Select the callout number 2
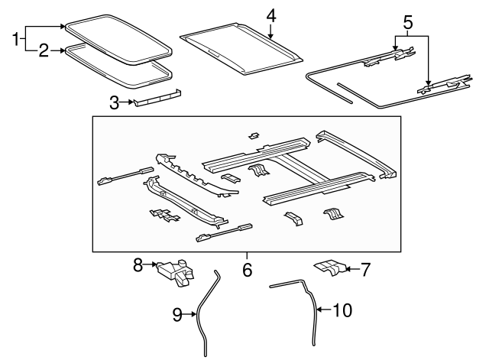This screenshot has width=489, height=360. click(x=44, y=52)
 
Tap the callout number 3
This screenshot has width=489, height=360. click(x=114, y=101)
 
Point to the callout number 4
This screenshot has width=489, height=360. click(x=270, y=15)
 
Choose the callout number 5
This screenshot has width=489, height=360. click(x=408, y=22)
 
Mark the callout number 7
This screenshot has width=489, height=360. click(x=365, y=268)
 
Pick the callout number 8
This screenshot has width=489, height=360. click(x=138, y=264)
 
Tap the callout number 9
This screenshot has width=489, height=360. click(x=176, y=313)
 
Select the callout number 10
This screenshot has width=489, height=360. click(x=344, y=310)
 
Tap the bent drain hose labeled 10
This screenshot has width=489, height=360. click(x=312, y=306)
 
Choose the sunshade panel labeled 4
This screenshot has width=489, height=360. click(x=240, y=48)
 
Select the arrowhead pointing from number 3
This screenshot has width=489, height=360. click(x=133, y=101)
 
